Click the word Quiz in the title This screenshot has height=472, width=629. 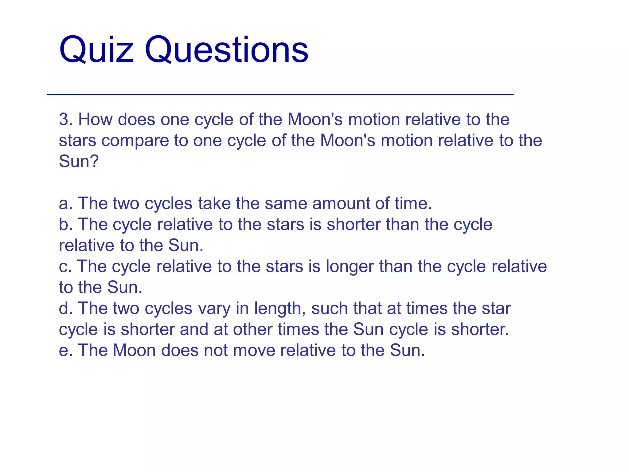coord(96,50)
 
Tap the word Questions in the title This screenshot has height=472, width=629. coord(226,50)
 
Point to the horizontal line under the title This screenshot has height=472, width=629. coord(280,94)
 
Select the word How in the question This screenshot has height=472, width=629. coord(95,119)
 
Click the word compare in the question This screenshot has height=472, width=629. coord(135,141)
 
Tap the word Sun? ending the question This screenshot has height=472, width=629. coord(79,161)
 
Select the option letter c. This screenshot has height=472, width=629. coord(65,266)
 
